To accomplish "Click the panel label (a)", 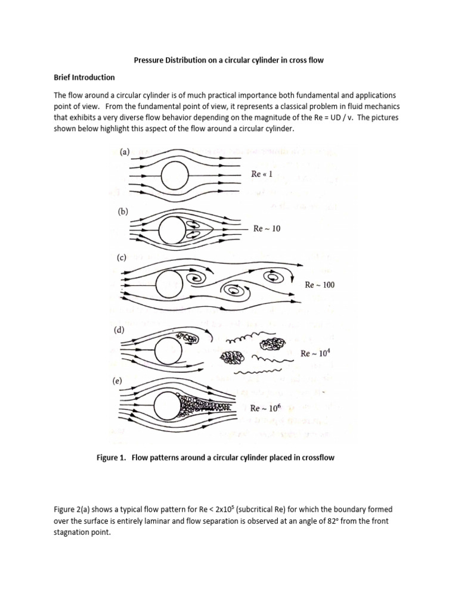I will coord(125,152).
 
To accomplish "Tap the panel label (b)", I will coord(125,211).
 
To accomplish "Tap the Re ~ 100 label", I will coord(320,285).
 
